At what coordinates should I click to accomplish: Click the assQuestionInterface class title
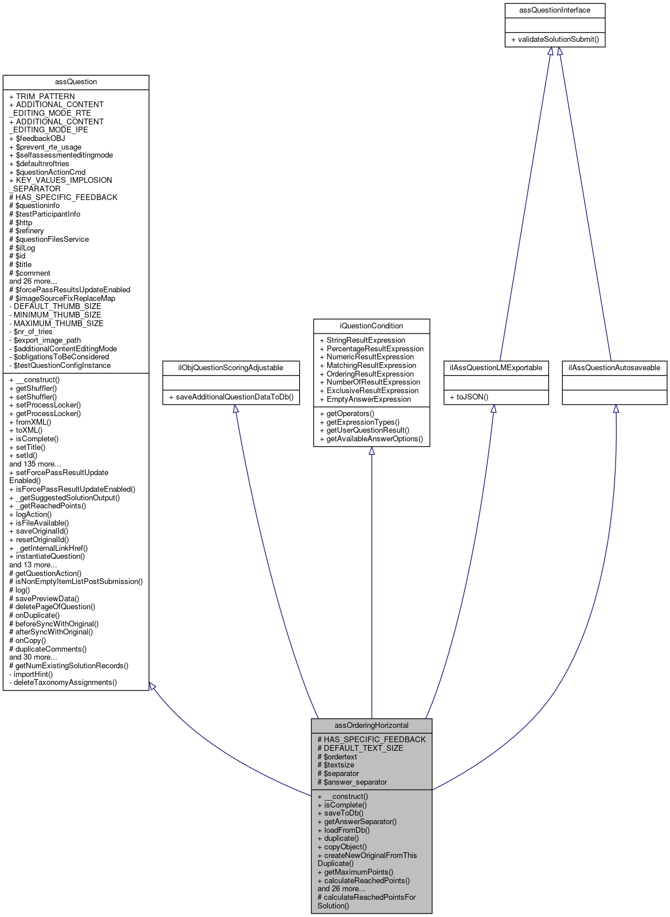[554, 10]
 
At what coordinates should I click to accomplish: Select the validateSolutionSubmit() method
[554, 40]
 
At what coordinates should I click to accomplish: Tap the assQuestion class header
[76, 82]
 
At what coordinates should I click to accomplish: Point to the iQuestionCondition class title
[371, 326]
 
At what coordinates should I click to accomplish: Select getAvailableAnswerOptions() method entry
[371, 439]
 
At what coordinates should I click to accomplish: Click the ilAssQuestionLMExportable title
[496, 368]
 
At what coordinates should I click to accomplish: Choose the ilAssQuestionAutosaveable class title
[614, 368]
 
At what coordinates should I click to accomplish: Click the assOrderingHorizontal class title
[371, 726]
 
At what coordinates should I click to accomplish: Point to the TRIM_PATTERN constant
[42, 97]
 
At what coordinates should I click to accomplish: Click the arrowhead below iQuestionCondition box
[371, 452]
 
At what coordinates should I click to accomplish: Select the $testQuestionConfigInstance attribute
[60, 366]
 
